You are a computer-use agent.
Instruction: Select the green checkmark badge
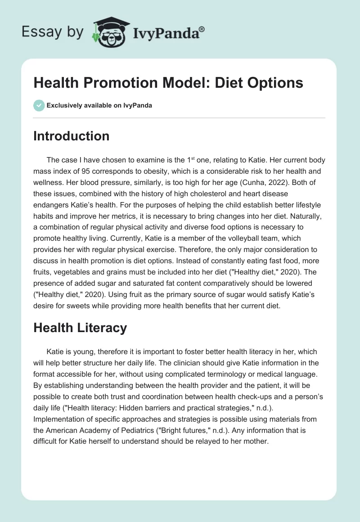tap(39, 105)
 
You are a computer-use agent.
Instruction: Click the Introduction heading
tap(71, 136)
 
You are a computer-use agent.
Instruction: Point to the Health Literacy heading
tap(80, 328)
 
